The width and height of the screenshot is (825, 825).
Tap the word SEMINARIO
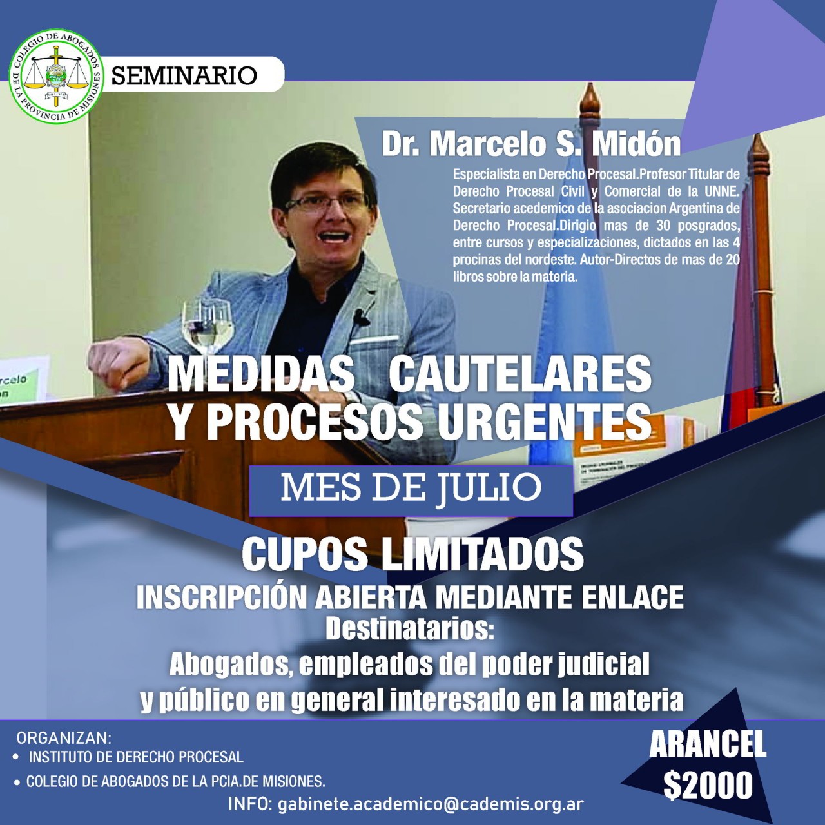[x=184, y=75]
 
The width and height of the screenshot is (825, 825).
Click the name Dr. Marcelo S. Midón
[x=531, y=145]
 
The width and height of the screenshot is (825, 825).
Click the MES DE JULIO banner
[x=411, y=490]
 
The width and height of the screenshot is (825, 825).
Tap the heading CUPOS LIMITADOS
[x=412, y=553]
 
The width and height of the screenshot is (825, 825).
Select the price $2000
[x=708, y=785]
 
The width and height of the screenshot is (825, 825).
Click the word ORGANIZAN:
[x=64, y=738]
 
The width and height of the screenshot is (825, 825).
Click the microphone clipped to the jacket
[x=359, y=317]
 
